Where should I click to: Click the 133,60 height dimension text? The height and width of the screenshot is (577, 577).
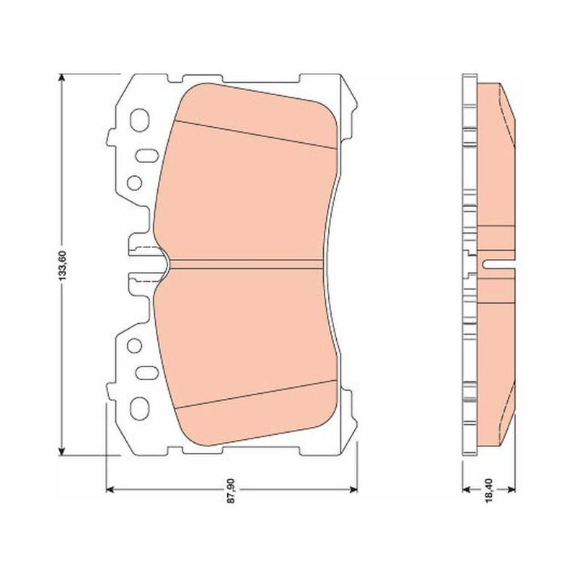pyautogui.click(x=62, y=265)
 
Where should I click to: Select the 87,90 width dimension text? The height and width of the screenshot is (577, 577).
pyautogui.click(x=231, y=490)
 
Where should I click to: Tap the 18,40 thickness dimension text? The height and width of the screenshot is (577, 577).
pyautogui.click(x=489, y=490)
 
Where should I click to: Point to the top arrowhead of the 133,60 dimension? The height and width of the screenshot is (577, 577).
pyautogui.click(x=62, y=78)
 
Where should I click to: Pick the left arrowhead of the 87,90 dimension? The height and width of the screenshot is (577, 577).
pyautogui.click(x=110, y=490)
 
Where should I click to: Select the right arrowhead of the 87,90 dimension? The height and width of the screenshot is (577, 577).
pyautogui.click(x=353, y=490)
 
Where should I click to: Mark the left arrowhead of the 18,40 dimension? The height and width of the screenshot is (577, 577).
pyautogui.click(x=467, y=490)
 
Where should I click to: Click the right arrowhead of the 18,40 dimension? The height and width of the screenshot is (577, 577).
pyautogui.click(x=511, y=490)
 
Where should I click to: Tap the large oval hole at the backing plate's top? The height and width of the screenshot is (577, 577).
pyautogui.click(x=139, y=120)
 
